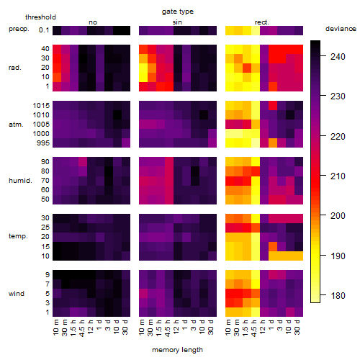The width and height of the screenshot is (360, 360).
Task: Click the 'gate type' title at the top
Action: click(x=178, y=12)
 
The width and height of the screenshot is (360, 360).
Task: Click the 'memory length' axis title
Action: click(x=177, y=350)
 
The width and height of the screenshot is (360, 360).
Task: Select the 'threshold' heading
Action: click(x=40, y=17)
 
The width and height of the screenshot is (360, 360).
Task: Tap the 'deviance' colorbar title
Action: click(x=341, y=29)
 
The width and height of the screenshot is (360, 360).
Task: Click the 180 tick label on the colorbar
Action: click(x=338, y=295)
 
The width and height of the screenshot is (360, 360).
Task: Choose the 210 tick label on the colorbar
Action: click(x=338, y=176)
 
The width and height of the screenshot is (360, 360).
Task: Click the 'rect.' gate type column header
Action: click(x=261, y=22)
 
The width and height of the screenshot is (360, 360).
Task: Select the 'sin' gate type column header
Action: click(x=177, y=22)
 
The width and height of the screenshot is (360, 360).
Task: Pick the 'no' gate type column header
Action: click(x=93, y=22)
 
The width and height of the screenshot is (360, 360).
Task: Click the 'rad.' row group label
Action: click(x=15, y=68)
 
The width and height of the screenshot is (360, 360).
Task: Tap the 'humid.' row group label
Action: click(x=20, y=181)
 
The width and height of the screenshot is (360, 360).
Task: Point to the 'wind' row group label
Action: click(x=17, y=294)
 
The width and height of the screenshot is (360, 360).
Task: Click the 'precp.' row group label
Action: click(x=19, y=29)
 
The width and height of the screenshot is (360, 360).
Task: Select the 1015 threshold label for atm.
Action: click(x=41, y=106)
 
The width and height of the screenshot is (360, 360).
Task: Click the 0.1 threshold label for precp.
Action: click(x=44, y=30)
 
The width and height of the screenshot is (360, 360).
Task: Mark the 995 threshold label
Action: click(x=43, y=143)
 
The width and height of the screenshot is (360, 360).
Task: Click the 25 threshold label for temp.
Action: click(x=45, y=227)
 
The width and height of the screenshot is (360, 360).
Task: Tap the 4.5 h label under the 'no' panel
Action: click(x=81, y=328)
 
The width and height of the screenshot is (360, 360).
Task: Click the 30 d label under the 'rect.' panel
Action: click(x=297, y=327)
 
